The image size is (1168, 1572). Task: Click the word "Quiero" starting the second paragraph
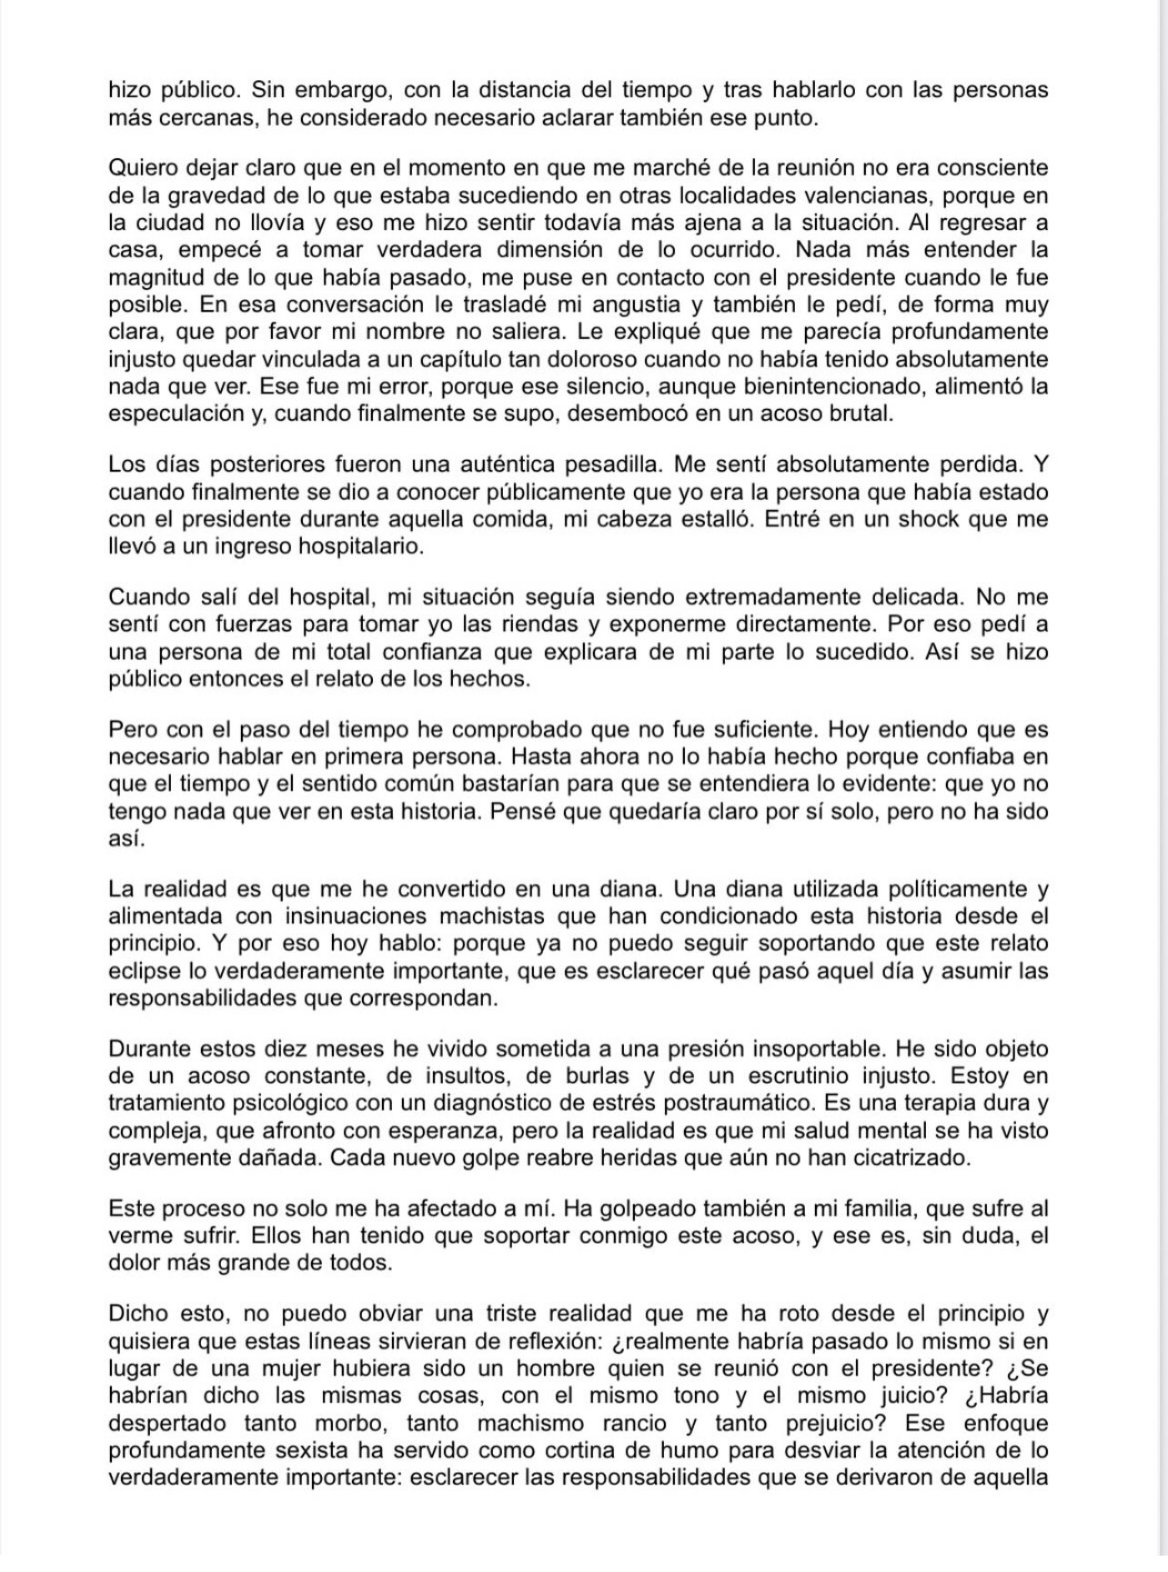click(137, 168)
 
